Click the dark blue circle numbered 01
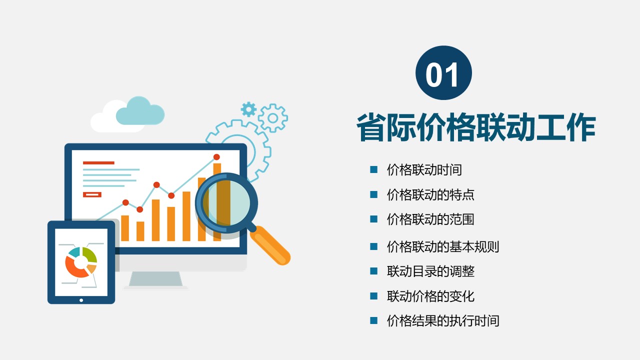tap(443, 73)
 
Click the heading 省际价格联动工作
tap(476, 127)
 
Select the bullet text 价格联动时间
tap(424, 169)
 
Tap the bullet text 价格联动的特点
tap(430, 194)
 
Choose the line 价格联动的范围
tap(430, 219)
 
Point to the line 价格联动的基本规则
tap(443, 247)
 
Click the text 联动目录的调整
tap(430, 271)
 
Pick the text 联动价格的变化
tap(430, 296)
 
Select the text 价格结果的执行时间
tap(443, 320)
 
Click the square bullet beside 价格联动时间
tap(373, 169)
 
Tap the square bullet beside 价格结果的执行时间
tap(373, 320)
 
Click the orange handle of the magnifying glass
tap(270, 245)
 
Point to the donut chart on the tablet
tap(81, 262)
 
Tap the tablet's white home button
tap(81, 300)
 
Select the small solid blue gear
tap(248, 109)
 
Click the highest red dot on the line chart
tap(216, 157)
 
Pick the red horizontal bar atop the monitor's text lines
tap(98, 163)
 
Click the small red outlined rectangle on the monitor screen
tap(92, 194)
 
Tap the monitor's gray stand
tap(155, 279)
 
